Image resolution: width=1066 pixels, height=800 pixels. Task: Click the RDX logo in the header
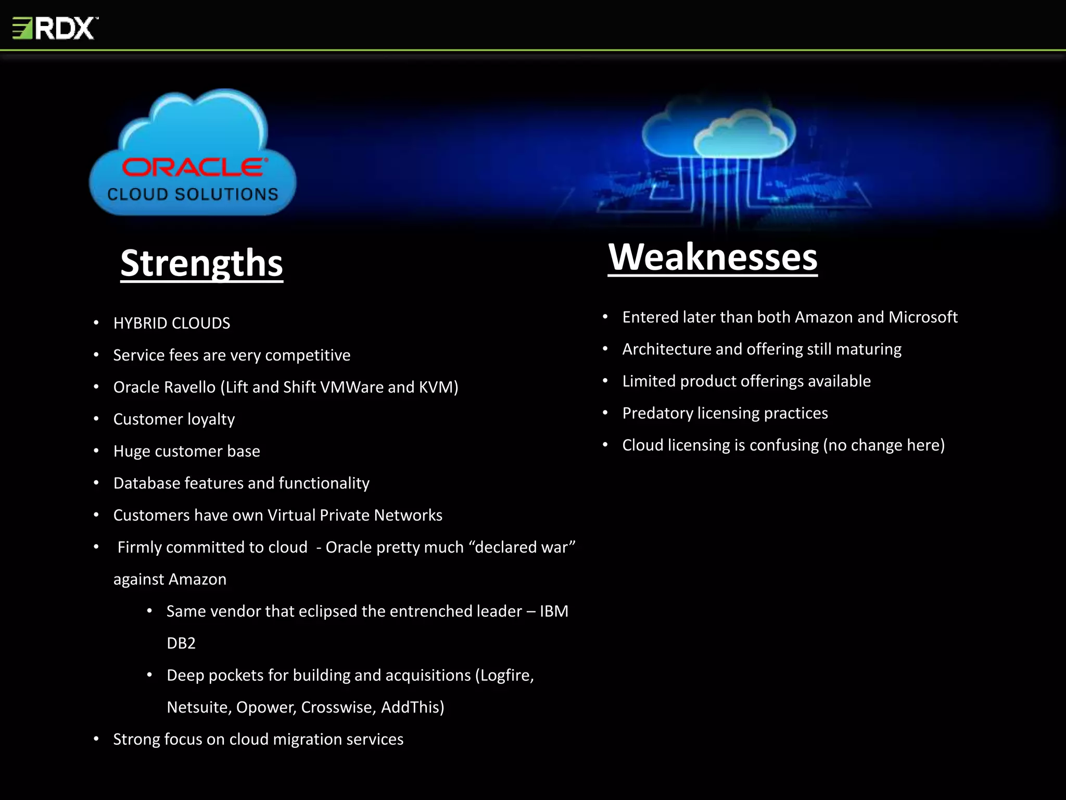pyautogui.click(x=55, y=28)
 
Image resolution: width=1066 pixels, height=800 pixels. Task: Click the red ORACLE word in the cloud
pyautogui.click(x=195, y=168)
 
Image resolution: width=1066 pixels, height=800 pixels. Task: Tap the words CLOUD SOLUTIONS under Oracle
pyautogui.click(x=193, y=194)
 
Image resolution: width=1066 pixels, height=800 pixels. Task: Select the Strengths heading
pyautogui.click(x=201, y=263)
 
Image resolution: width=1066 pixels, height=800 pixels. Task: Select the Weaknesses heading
pyautogui.click(x=713, y=257)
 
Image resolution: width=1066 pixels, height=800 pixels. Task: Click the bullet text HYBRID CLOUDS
pyautogui.click(x=171, y=323)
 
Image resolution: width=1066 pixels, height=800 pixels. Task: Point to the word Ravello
pyautogui.click(x=189, y=387)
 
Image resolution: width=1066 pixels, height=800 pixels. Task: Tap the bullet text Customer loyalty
pyautogui.click(x=174, y=419)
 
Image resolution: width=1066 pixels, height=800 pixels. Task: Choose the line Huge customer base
pyautogui.click(x=186, y=451)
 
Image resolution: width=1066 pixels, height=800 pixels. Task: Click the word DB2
pyautogui.click(x=181, y=643)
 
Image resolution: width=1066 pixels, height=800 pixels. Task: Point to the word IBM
pyautogui.click(x=554, y=611)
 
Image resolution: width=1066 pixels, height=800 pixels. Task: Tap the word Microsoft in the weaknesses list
pyautogui.click(x=922, y=317)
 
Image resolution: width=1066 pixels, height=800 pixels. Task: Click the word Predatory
pyautogui.click(x=657, y=413)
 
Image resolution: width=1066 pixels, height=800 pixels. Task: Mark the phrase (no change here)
pyautogui.click(x=883, y=445)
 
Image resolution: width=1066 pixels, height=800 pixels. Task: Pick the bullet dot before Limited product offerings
pyautogui.click(x=605, y=381)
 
